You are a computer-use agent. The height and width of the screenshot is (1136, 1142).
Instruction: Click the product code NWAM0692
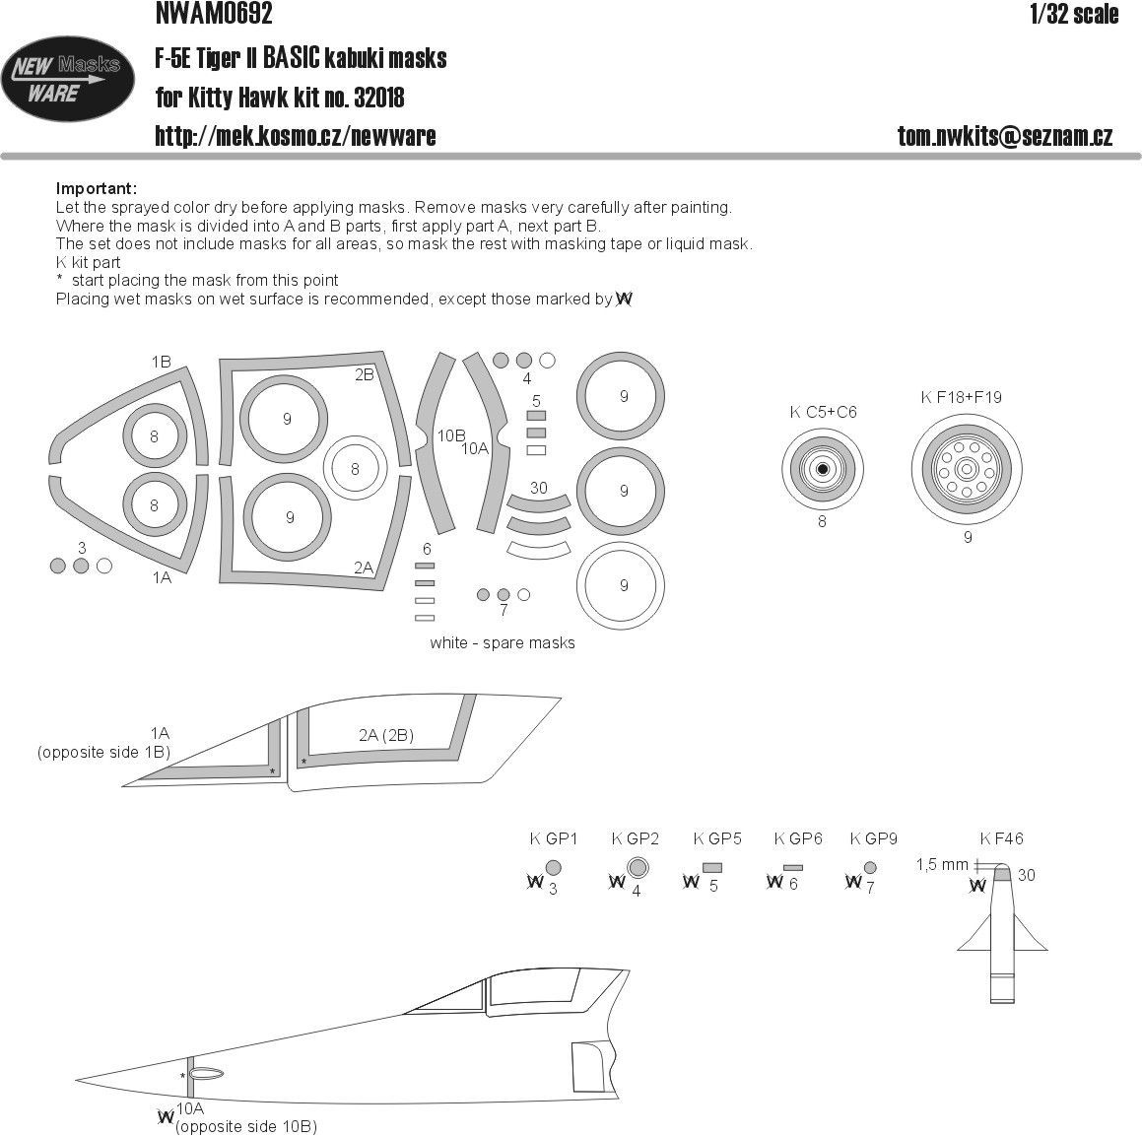click(x=214, y=14)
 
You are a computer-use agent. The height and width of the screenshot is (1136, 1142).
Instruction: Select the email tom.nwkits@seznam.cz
click(x=1005, y=137)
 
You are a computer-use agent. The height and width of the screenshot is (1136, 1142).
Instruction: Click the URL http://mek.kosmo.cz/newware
click(x=296, y=137)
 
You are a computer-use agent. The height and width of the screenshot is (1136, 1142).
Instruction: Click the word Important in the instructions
click(x=97, y=189)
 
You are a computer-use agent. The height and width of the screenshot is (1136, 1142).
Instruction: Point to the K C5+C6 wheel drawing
click(x=823, y=469)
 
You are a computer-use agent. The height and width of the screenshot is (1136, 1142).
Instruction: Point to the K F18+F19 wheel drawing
click(x=967, y=468)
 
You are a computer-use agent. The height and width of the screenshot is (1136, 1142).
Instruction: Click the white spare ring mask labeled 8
click(x=355, y=470)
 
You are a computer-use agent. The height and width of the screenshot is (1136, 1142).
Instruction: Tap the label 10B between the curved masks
click(x=451, y=434)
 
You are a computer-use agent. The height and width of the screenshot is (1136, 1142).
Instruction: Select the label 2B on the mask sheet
click(x=364, y=375)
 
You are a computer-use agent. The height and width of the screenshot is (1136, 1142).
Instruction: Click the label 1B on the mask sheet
click(x=161, y=363)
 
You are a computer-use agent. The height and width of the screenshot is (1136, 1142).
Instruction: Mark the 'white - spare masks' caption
click(x=502, y=642)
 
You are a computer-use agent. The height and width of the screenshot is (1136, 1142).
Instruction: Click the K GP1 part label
click(x=553, y=838)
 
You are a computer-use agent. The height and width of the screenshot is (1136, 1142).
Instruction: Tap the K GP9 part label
click(x=873, y=838)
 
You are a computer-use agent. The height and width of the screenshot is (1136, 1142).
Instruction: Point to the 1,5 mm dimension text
click(x=942, y=864)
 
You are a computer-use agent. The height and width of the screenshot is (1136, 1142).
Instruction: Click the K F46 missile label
click(x=1001, y=838)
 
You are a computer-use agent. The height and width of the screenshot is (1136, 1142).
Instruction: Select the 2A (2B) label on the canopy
click(x=385, y=735)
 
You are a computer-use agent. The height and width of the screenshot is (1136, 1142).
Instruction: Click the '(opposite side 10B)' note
click(x=247, y=1126)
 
